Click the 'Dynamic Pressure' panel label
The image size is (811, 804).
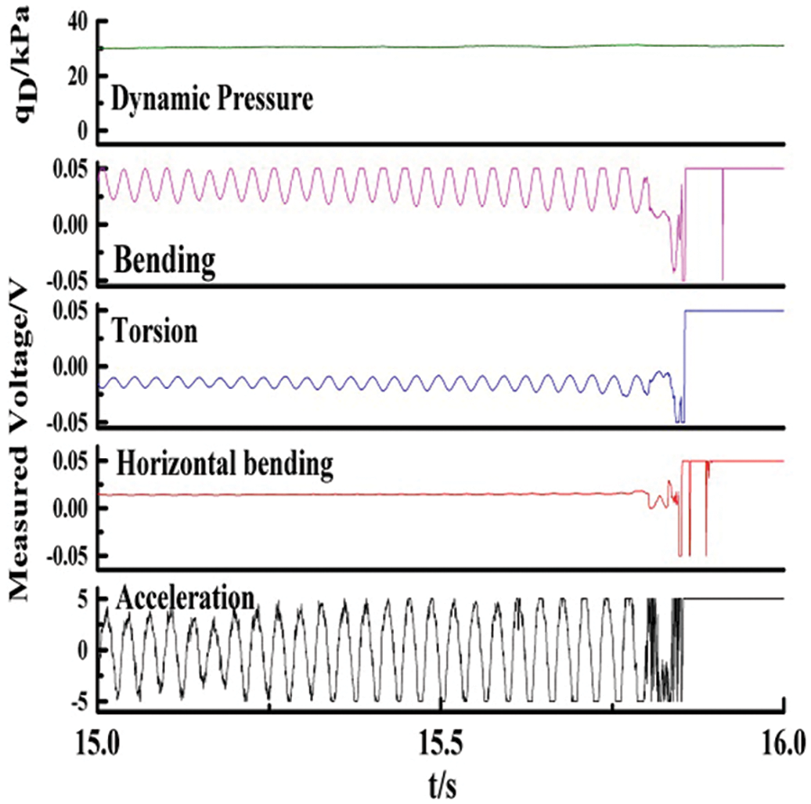(x=212, y=99)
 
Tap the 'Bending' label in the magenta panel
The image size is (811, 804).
(x=166, y=263)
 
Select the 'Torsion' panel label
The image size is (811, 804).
(x=156, y=331)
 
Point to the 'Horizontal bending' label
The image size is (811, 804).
(x=225, y=465)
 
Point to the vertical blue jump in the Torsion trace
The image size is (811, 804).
(x=686, y=360)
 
